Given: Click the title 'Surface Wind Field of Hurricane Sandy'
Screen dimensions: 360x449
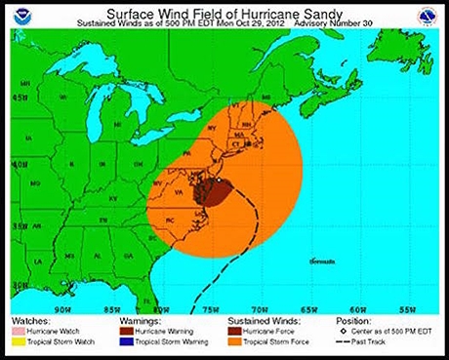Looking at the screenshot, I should pyautogui.click(x=224, y=13).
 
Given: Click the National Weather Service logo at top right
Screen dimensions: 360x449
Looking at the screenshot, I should pyautogui.click(x=426, y=17).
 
